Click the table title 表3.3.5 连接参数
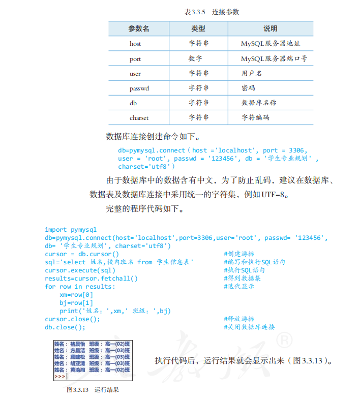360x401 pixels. pyautogui.click(x=212, y=12)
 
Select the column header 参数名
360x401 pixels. pyautogui.click(x=138, y=28)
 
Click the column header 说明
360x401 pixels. pyautogui.click(x=270, y=28)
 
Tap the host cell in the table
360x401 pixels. pyautogui.click(x=135, y=44)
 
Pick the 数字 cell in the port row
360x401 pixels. pyautogui.click(x=195, y=58)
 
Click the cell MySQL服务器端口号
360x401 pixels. pyautogui.click(x=274, y=58)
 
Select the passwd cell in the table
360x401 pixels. pyautogui.click(x=139, y=88)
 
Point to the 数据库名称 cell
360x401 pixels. pyautogui.click(x=259, y=103)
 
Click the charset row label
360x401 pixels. pyautogui.click(x=139, y=117)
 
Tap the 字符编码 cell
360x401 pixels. pyautogui.click(x=255, y=117)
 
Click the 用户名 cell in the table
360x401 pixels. pyautogui.click(x=252, y=73)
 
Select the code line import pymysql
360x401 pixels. pyautogui.click(x=71, y=230)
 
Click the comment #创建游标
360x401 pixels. pyautogui.click(x=239, y=254)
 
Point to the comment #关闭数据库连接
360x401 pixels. pyautogui.click(x=249, y=327)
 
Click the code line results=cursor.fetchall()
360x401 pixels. pyautogui.click(x=91, y=279)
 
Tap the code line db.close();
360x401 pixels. pyautogui.click(x=65, y=327)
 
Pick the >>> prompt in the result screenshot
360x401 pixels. pyautogui.click(x=59, y=377)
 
